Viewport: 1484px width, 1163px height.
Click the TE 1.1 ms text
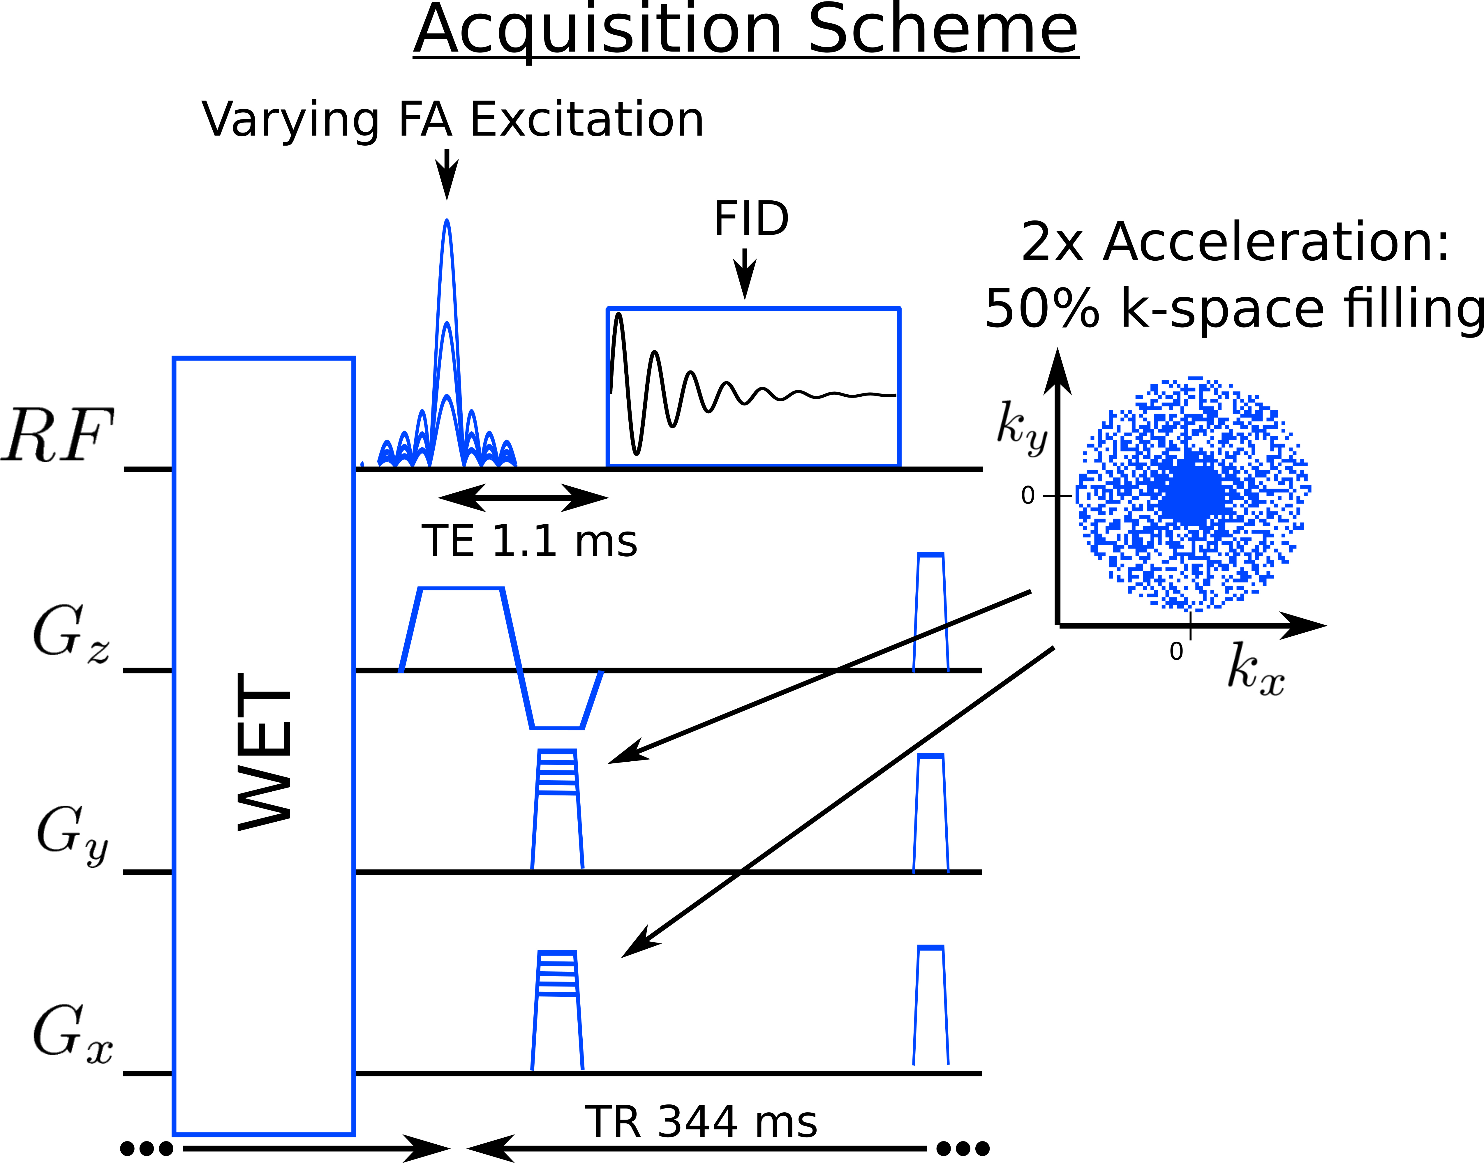(529, 541)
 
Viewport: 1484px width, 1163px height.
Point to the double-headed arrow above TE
(523, 498)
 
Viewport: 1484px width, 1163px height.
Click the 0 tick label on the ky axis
(1028, 496)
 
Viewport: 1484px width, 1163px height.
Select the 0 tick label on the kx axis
(1176, 652)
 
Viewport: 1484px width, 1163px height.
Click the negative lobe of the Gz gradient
(557, 708)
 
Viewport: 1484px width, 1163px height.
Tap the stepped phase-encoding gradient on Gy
(557, 809)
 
